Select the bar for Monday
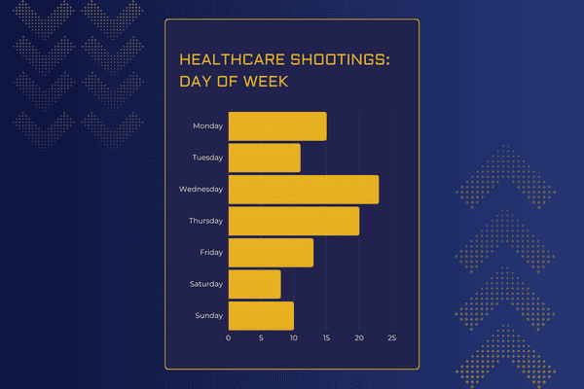tap(277, 126)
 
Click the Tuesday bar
tap(265, 158)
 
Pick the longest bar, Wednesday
tap(304, 190)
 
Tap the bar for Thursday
tap(294, 221)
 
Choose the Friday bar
tap(271, 253)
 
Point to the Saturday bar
tap(255, 284)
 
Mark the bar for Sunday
tap(261, 316)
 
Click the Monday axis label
tap(208, 126)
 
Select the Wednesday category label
tap(201, 189)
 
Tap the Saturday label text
tap(206, 284)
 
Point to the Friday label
tap(211, 253)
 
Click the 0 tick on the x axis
tap(229, 338)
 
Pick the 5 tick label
tap(261, 338)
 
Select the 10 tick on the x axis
tap(294, 338)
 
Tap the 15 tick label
tap(327, 338)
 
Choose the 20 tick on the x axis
tap(359, 338)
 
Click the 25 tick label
tap(392, 338)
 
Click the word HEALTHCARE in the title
tap(233, 59)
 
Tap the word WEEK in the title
tap(266, 82)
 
